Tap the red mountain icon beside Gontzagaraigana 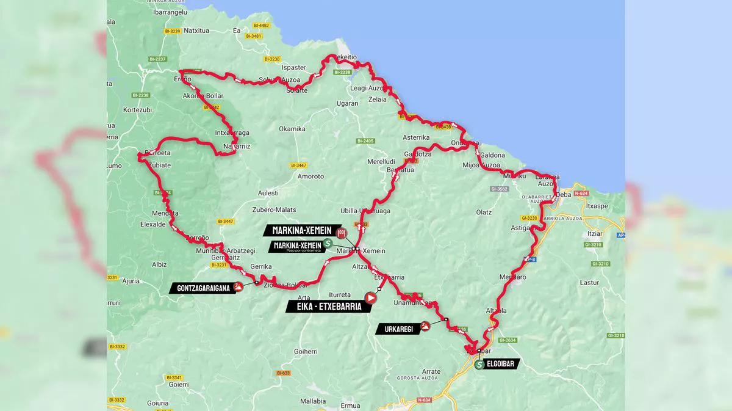click(x=239, y=287)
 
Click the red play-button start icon click(x=370, y=298)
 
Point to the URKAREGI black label click(x=399, y=329)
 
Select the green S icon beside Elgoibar click(x=480, y=365)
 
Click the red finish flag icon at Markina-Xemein click(x=343, y=231)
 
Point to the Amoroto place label click(x=310, y=176)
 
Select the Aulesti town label click(x=268, y=193)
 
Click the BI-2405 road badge click(x=365, y=141)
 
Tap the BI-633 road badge click(x=283, y=373)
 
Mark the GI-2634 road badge click(x=507, y=340)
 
